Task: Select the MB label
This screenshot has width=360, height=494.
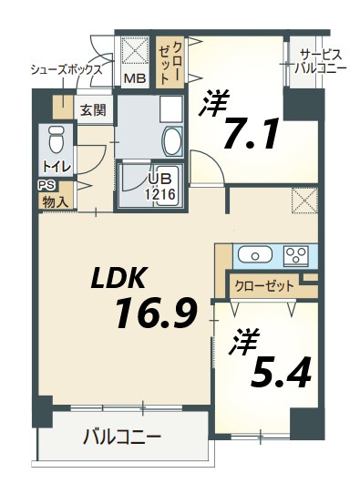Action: click(134, 78)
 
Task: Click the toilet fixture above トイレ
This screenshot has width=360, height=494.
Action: click(54, 140)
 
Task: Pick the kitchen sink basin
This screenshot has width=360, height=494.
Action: click(251, 254)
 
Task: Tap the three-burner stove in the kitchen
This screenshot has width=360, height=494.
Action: click(296, 254)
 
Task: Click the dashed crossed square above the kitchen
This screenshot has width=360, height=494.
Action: click(303, 199)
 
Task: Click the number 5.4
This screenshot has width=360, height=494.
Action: click(276, 371)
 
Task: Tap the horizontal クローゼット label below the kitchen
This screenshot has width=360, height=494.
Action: click(264, 285)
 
